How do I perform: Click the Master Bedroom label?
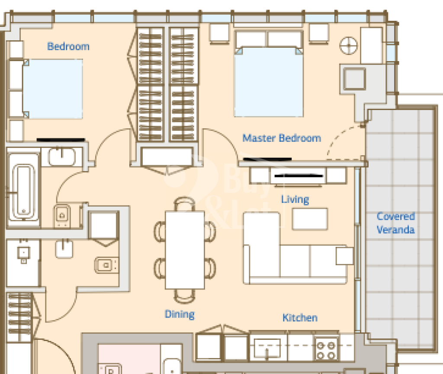click(282, 138)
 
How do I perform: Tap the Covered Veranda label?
click(395, 223)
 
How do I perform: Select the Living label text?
click(295, 199)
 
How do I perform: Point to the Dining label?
click(180, 314)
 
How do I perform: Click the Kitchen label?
click(300, 318)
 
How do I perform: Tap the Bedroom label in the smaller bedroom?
click(68, 46)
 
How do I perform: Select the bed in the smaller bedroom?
click(53, 88)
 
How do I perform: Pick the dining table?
click(185, 250)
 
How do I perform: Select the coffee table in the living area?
click(310, 219)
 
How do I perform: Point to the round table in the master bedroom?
click(349, 46)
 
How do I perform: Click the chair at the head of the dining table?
click(185, 203)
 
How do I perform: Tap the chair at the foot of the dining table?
click(185, 296)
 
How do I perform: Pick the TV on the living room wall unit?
click(299, 176)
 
